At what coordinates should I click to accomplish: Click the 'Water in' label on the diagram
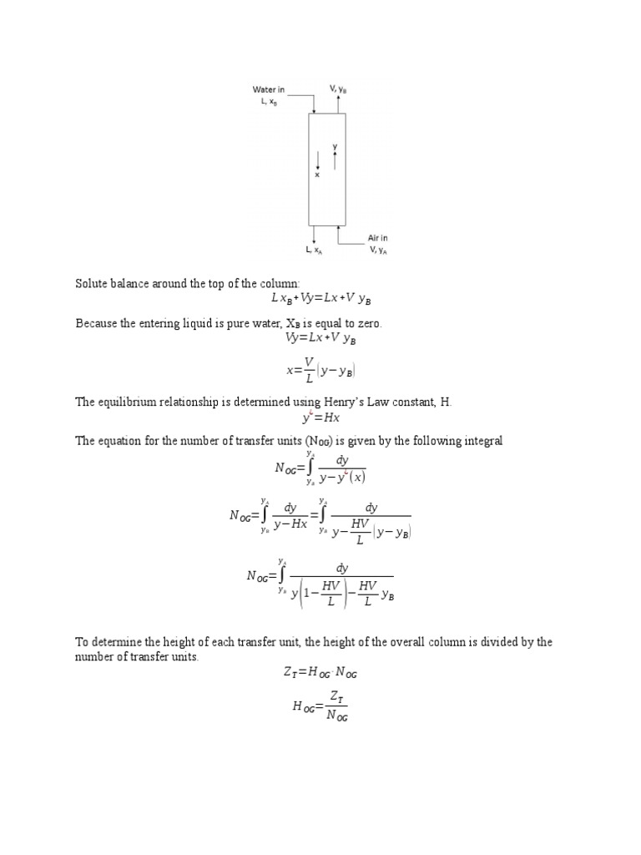(269, 89)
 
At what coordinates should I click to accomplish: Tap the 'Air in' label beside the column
(377, 238)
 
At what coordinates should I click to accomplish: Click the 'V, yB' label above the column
(338, 88)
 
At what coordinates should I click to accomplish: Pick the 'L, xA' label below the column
(314, 250)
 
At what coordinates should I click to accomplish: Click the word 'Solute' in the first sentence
(93, 284)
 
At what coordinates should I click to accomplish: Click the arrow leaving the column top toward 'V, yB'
(338, 104)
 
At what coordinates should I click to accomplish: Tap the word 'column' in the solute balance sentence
(277, 284)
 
